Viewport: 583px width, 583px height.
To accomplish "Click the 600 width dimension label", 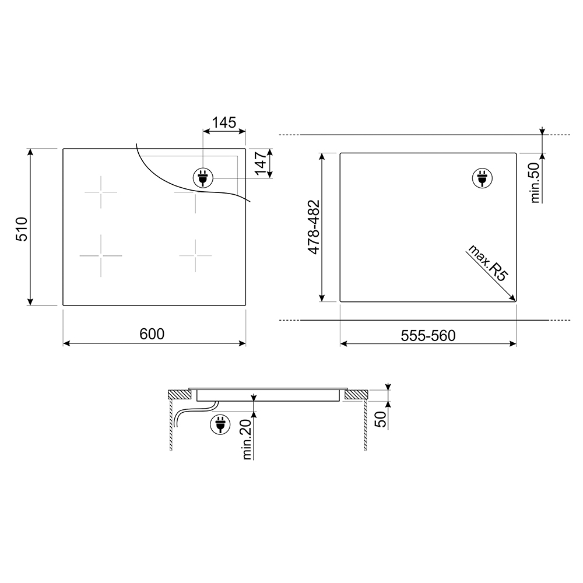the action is pos(152,334).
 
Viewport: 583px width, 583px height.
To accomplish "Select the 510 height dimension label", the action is pos(22,229).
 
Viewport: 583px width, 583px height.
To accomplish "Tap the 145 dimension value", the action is pos(224,122).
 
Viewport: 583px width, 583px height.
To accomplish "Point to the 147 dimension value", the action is pos(261,163).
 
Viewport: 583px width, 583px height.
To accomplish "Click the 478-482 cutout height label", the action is pos(314,227).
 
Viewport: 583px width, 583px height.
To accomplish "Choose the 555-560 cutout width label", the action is pos(428,336).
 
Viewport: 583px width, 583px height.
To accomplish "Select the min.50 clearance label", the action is pos(535,182).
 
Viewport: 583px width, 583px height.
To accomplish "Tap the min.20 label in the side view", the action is pos(247,439).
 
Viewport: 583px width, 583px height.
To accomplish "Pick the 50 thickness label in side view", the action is pos(380,420).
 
